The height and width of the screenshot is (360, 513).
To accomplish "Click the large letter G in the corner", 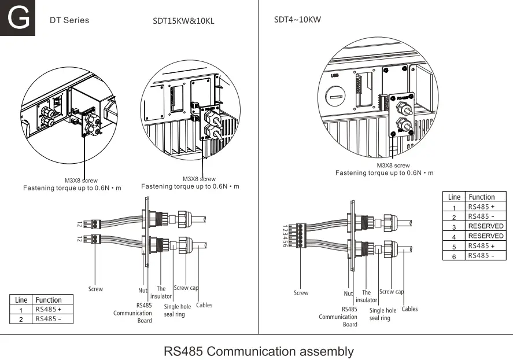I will point(18,19).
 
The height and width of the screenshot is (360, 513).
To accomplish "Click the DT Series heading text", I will point(69,20).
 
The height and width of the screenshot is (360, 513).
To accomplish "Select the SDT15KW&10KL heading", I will point(183,21).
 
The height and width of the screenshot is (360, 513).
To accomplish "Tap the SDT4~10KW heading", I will point(297,20).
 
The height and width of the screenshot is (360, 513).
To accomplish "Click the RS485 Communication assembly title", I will point(259,351).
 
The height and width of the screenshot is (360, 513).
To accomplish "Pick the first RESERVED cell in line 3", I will point(485,226).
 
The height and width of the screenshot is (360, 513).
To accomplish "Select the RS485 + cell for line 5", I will point(481,246).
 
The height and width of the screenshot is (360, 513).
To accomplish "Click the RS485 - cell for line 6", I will point(481,256).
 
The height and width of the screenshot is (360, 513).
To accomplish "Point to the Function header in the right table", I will point(481,197).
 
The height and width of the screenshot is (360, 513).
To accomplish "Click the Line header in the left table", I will point(21,300).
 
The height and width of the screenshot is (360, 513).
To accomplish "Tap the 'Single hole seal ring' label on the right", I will point(383,314).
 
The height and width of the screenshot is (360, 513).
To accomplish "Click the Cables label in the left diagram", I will point(204,305).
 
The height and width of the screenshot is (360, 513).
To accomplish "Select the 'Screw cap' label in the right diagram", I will point(392,292).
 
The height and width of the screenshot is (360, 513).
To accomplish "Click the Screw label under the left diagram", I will point(95,289).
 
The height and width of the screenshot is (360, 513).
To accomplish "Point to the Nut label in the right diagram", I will point(348,293).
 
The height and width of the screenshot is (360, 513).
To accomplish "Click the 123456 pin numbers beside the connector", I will point(284,236).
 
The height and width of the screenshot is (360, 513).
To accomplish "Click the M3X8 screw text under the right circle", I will point(393,166).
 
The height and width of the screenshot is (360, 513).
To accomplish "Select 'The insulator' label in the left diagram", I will point(161,292).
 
